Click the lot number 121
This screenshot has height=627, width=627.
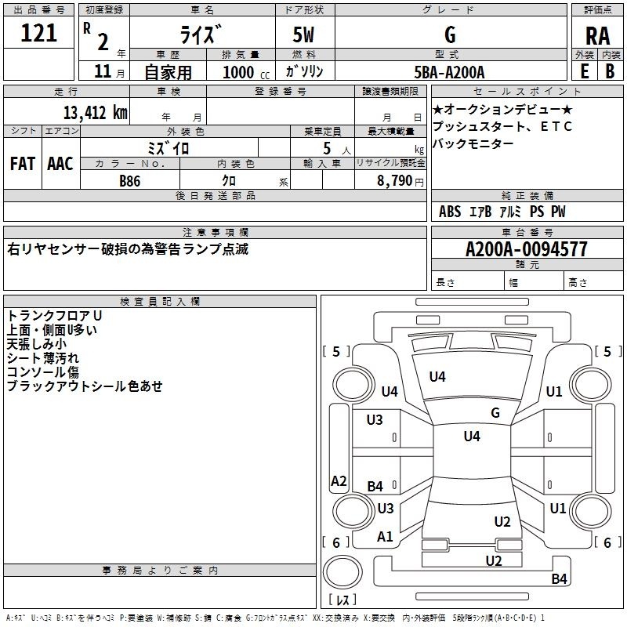38,33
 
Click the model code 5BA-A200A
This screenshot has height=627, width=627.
449,72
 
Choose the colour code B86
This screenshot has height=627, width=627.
131,180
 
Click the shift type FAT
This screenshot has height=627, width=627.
23,163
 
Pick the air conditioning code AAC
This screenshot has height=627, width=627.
60,163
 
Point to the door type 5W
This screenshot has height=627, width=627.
305,35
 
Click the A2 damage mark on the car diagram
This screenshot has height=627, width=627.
339,481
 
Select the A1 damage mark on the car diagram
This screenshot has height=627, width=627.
385,537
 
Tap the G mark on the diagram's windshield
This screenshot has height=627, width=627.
495,412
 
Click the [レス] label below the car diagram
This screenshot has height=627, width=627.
342,600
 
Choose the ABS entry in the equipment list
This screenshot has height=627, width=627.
450,212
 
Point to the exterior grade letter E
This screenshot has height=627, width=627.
584,71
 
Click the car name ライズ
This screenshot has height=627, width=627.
202,35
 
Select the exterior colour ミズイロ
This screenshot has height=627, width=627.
169,147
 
